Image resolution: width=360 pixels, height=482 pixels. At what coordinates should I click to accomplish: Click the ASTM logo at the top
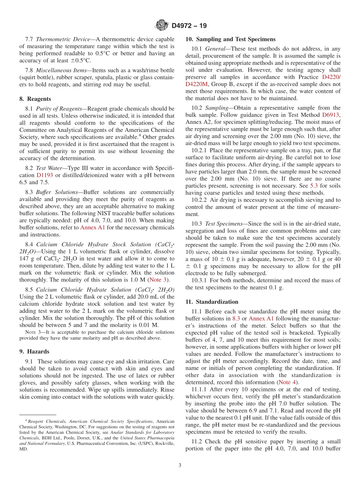162,25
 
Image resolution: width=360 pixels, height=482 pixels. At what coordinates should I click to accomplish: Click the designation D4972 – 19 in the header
189,26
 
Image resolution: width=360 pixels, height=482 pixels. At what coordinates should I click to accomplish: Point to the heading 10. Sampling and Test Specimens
230,39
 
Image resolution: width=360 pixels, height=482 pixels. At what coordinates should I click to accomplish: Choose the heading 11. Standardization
212,302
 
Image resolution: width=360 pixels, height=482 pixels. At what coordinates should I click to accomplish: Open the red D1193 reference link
44,175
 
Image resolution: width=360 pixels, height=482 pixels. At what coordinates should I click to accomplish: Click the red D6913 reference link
331,114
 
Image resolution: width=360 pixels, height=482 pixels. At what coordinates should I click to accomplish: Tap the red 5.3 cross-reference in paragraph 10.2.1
314,186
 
